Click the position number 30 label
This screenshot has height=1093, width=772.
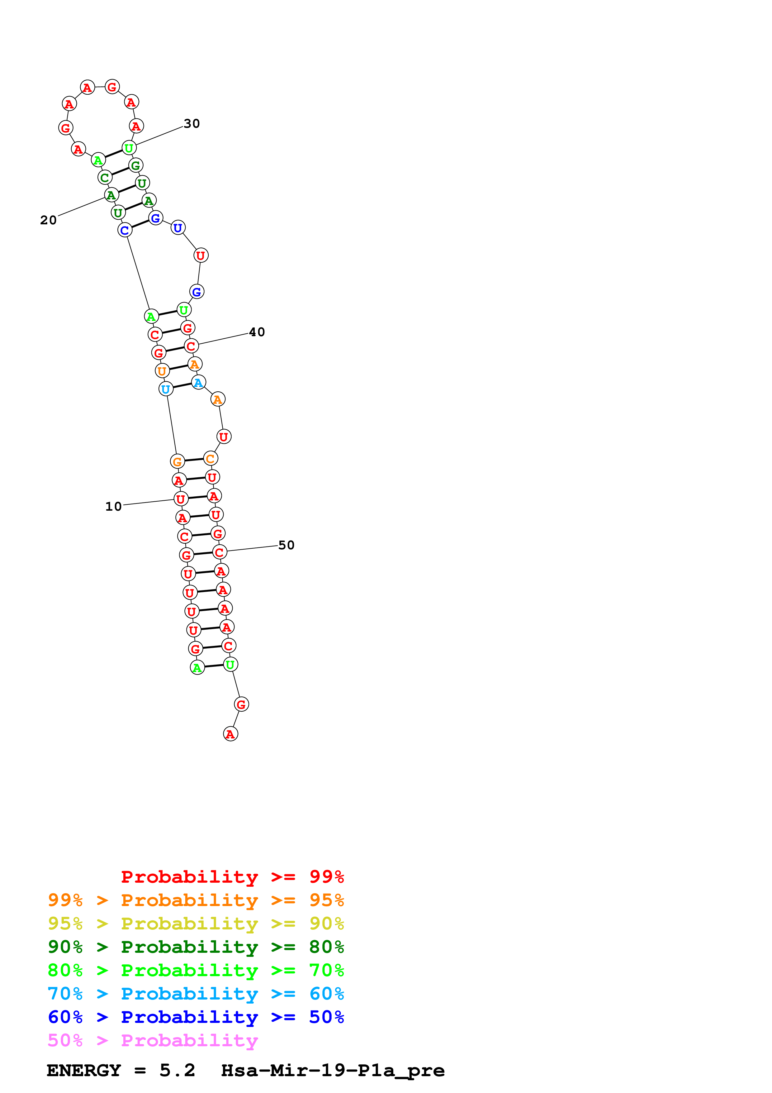[x=192, y=124]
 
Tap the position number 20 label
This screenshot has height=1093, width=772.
[x=48, y=220]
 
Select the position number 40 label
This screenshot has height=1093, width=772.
[x=257, y=332]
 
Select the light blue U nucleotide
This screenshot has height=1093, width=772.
[x=166, y=389]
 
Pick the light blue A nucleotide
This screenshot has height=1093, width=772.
[x=198, y=382]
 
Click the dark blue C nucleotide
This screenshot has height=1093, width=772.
[x=125, y=230]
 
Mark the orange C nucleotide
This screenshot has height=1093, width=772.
[x=210, y=458]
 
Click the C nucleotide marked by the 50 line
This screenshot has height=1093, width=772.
[x=219, y=552]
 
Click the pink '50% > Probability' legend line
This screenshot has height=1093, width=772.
[x=153, y=1040]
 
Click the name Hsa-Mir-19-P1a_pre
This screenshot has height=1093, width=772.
[x=333, y=1070]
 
